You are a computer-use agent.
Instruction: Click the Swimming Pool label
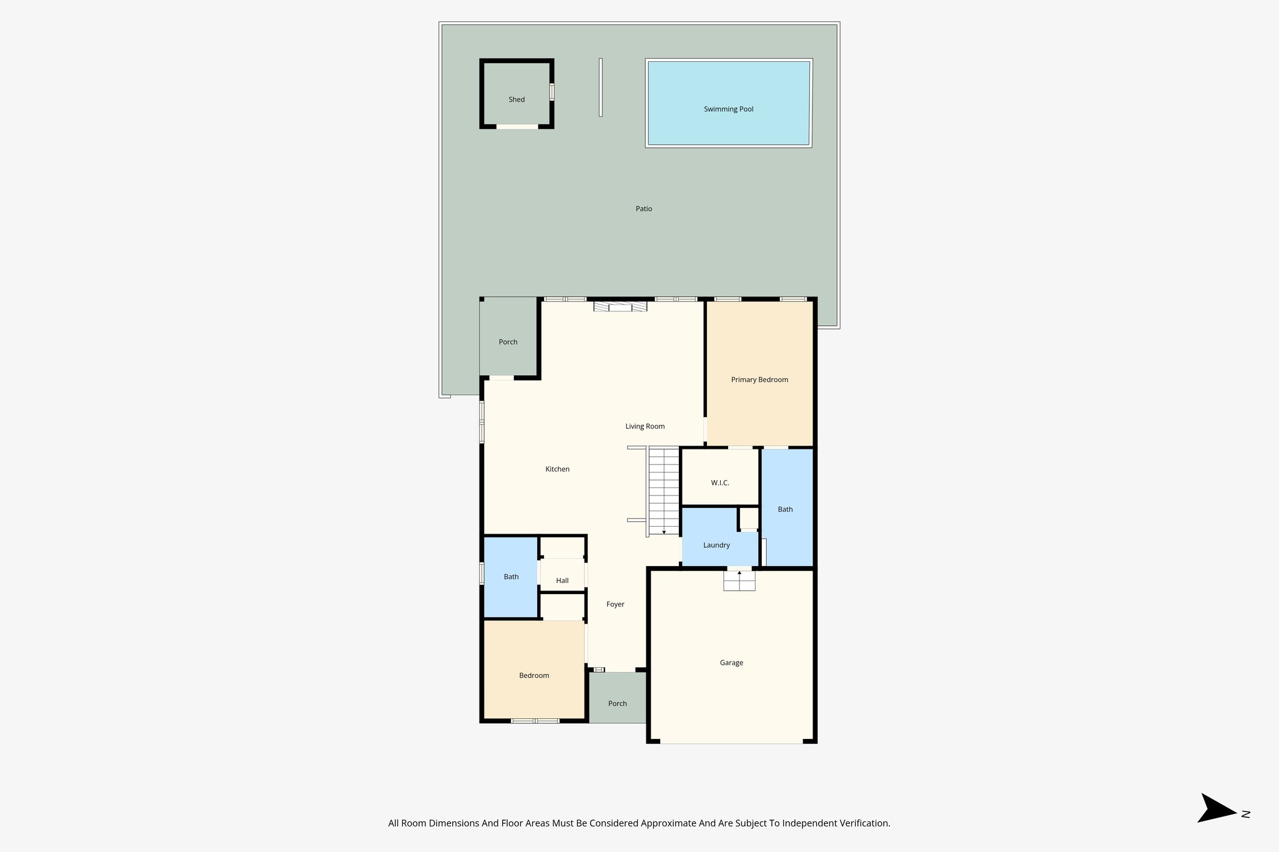click(x=728, y=109)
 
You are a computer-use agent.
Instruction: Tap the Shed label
click(x=516, y=100)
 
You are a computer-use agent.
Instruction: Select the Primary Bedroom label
click(x=759, y=379)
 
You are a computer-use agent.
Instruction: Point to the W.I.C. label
click(x=719, y=483)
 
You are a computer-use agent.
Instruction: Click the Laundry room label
click(x=716, y=546)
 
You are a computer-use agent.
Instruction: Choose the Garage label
click(x=731, y=663)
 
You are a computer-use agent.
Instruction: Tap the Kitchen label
click(x=557, y=469)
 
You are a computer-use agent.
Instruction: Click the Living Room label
click(x=645, y=426)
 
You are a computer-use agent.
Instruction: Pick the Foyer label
click(x=615, y=604)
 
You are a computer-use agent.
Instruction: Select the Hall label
click(x=562, y=580)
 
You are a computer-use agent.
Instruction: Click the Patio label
click(x=644, y=209)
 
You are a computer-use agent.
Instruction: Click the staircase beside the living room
click(x=663, y=491)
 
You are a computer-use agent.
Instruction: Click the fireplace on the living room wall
click(x=620, y=306)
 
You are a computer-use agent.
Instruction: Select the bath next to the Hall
click(x=511, y=577)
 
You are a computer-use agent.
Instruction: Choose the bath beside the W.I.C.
click(x=786, y=509)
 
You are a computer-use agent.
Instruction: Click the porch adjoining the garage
click(x=617, y=703)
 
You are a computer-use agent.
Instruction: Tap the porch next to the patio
click(x=508, y=342)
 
